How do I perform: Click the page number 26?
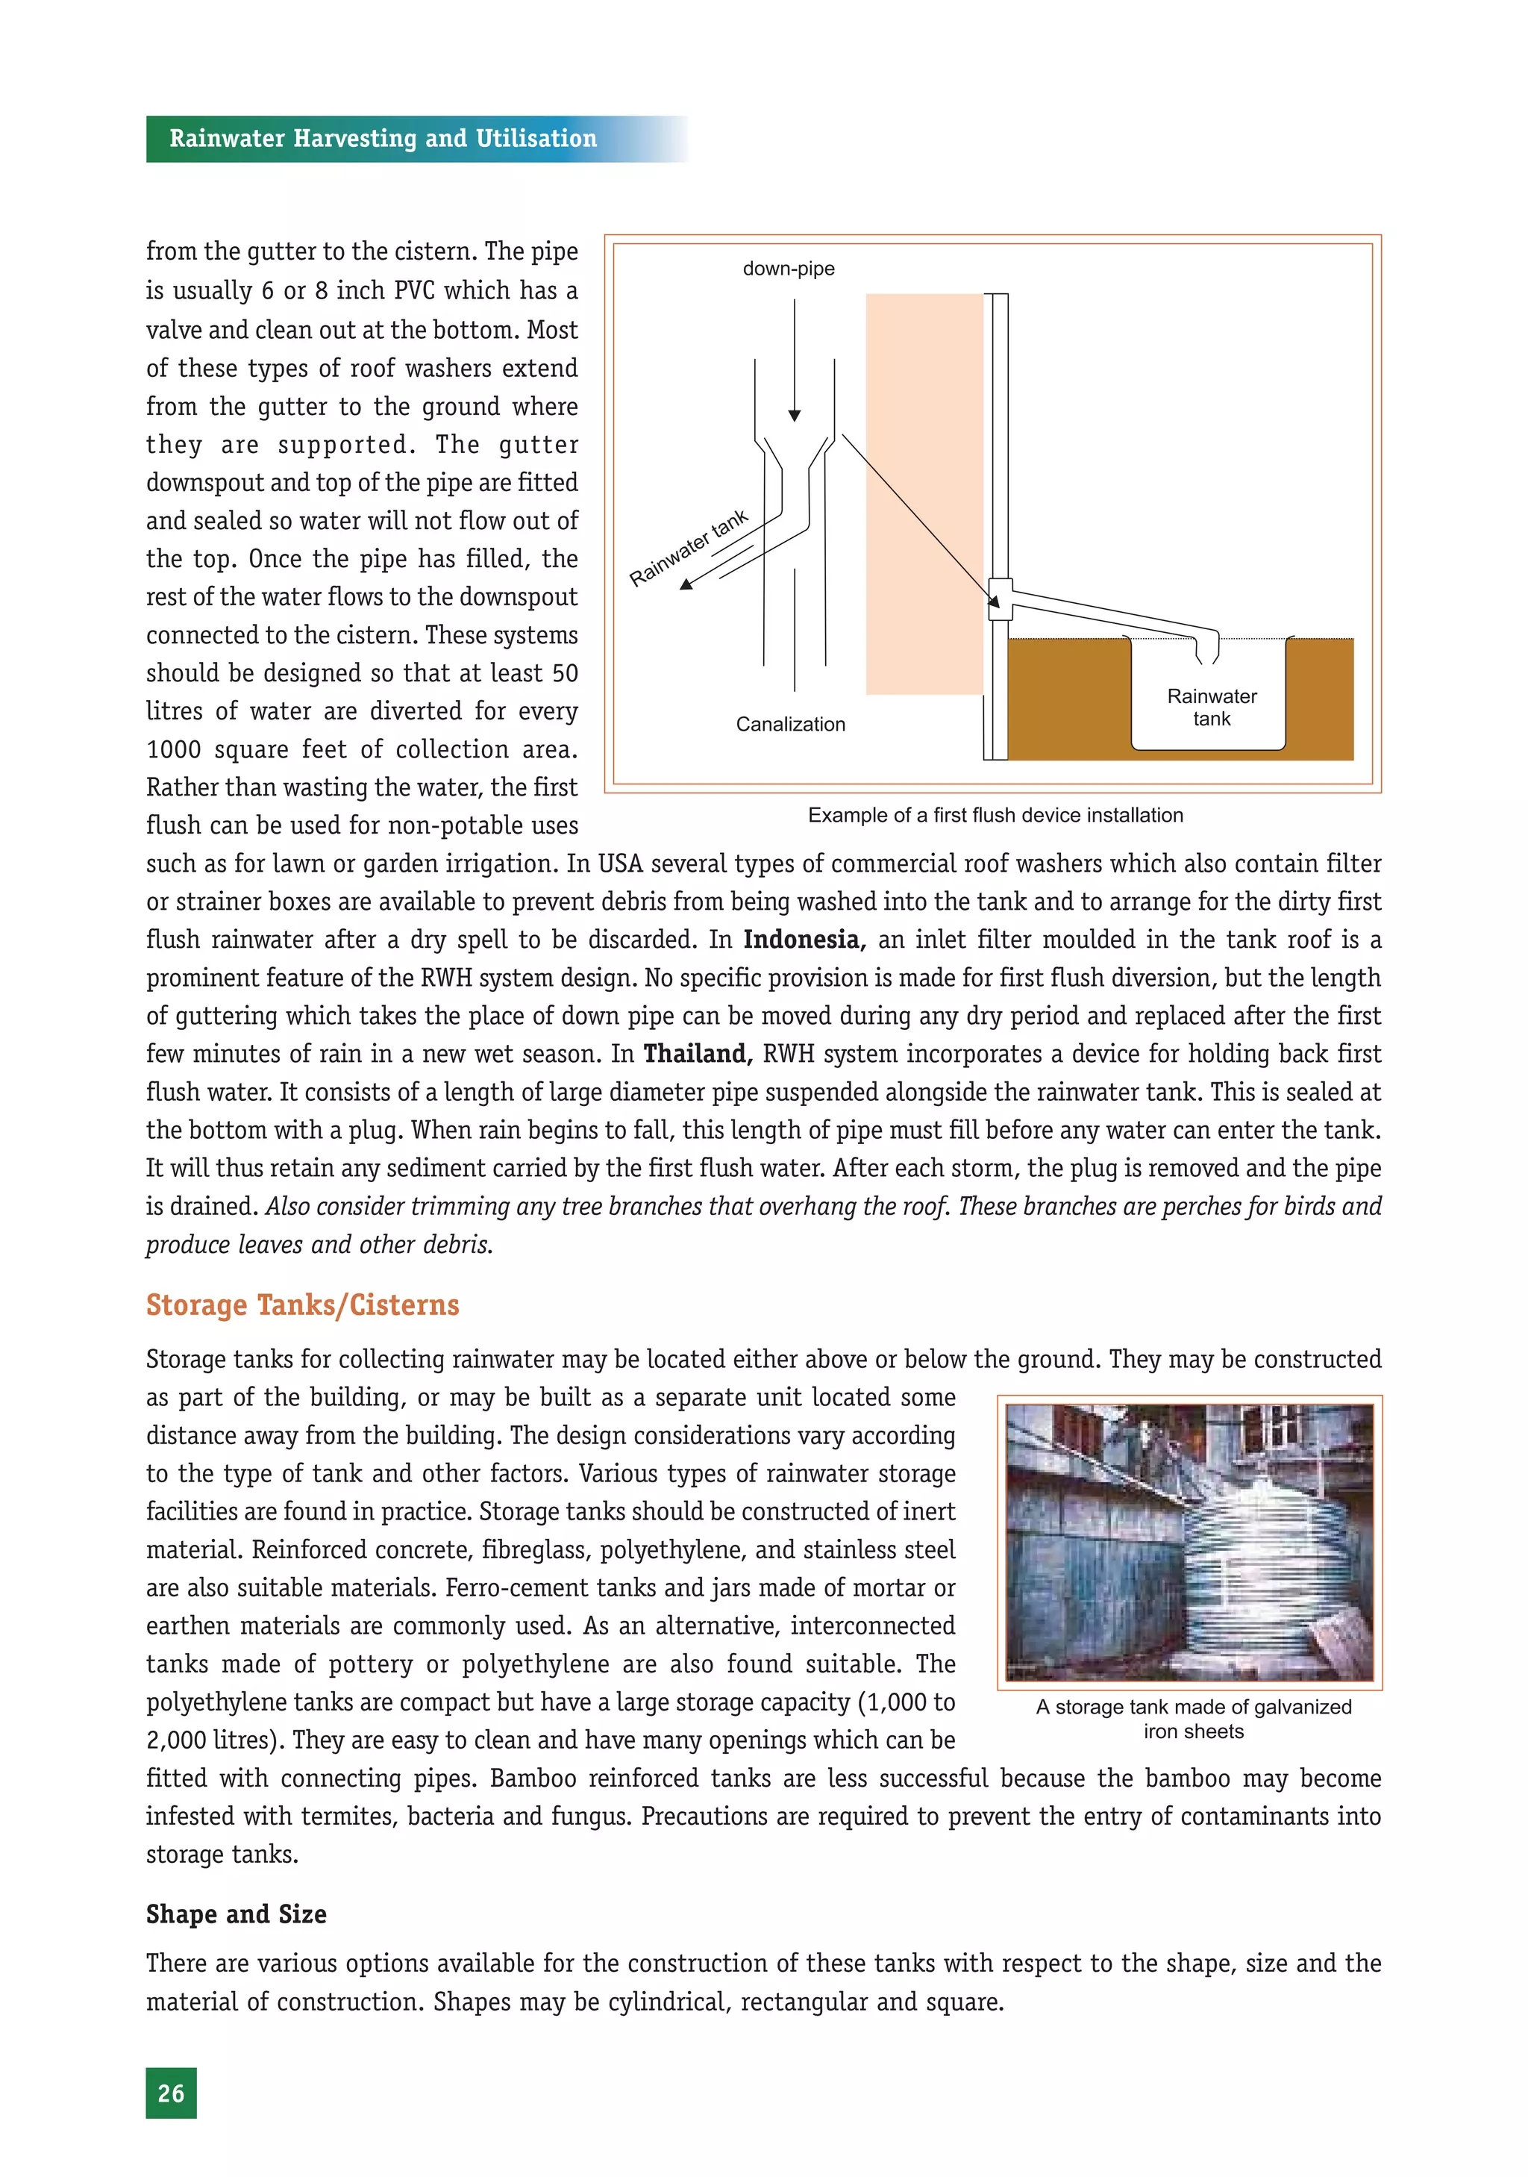click(171, 2093)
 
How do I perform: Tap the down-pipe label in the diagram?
click(788, 269)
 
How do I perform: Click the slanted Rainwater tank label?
click(689, 548)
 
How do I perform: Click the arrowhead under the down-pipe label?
click(795, 415)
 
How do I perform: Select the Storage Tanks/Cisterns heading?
click(302, 1305)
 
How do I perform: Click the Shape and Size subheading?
click(236, 1914)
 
